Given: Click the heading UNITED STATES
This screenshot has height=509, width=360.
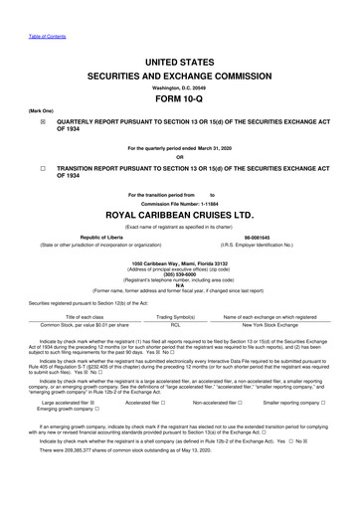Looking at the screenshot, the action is coord(179,62).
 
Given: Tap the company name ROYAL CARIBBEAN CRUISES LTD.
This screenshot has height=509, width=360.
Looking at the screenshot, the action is coord(179,212).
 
